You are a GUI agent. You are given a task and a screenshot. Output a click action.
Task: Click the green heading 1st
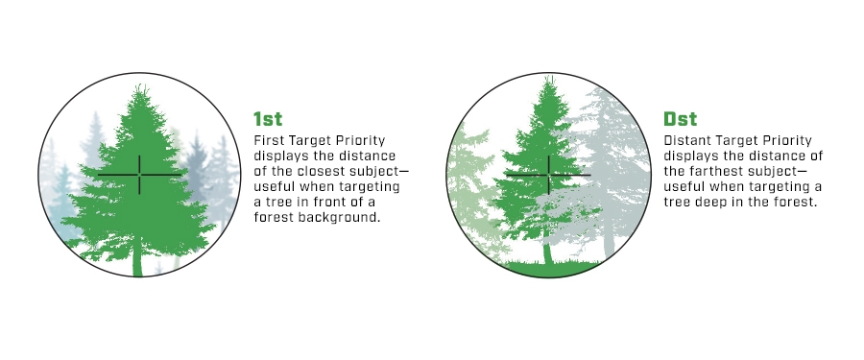click(268, 118)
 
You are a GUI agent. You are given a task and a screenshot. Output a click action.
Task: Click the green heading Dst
click(681, 118)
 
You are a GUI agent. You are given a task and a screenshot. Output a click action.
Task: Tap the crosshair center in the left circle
click(139, 175)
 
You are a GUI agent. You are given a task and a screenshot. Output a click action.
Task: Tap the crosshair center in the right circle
click(549, 175)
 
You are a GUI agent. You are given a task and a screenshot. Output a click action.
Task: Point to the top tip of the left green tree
click(142, 84)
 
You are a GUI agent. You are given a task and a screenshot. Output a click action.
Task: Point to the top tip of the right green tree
click(549, 77)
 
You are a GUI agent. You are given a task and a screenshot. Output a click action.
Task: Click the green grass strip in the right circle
click(551, 269)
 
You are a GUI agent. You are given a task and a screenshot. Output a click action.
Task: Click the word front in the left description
click(330, 203)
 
